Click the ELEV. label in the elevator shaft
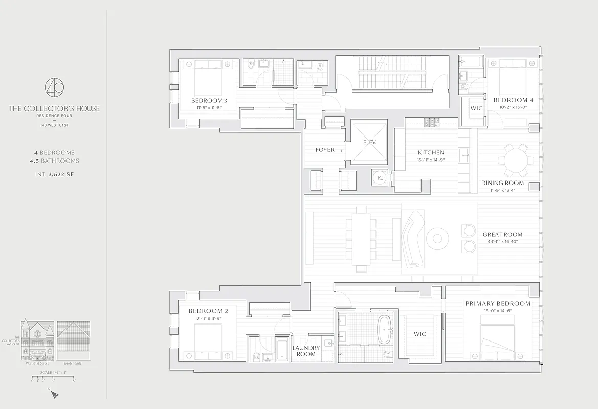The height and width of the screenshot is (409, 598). pyautogui.click(x=369, y=142)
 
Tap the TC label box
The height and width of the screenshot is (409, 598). pyautogui.click(x=380, y=178)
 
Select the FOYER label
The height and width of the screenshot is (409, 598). pyautogui.click(x=325, y=150)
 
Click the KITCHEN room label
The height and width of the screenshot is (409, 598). pyautogui.click(x=431, y=152)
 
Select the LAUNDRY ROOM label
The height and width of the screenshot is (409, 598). pyautogui.click(x=306, y=351)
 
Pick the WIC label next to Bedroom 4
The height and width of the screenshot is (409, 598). pyautogui.click(x=476, y=108)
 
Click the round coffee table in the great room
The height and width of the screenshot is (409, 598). pyautogui.click(x=437, y=238)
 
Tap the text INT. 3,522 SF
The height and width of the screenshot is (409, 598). pyautogui.click(x=54, y=174)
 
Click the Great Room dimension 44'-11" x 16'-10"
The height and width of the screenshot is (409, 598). pyautogui.click(x=502, y=242)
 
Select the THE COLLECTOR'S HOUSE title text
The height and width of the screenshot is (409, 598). pyautogui.click(x=54, y=108)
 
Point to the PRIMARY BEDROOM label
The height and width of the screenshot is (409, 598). pyautogui.click(x=497, y=303)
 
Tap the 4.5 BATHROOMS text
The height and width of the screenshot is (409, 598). pyautogui.click(x=54, y=161)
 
